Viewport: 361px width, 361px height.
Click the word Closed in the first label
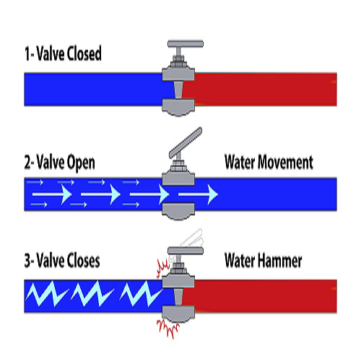97,53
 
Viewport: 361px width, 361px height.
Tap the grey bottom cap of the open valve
178,211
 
